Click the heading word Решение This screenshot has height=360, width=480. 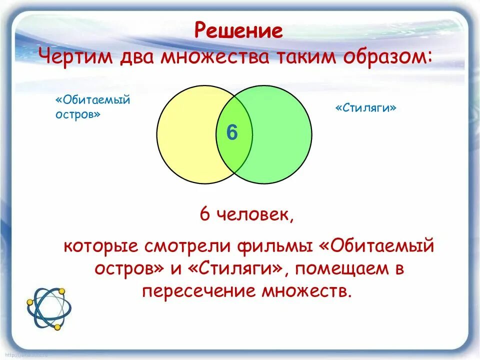tap(238, 31)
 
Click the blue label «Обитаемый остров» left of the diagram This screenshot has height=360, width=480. tap(92, 107)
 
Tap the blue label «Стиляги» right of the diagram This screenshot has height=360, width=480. tap(365, 108)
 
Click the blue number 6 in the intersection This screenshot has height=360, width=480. tap(231, 133)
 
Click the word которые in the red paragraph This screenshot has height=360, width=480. tap(101, 246)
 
